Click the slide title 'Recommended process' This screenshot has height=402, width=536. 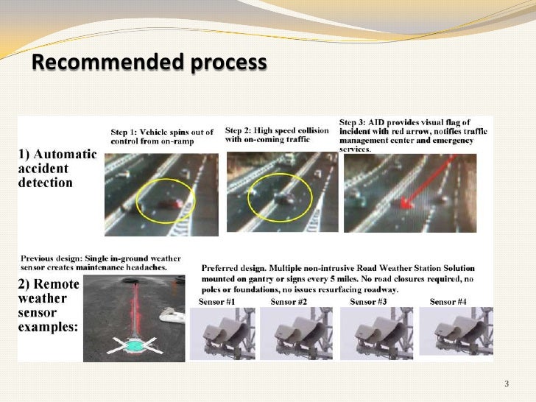[x=149, y=62]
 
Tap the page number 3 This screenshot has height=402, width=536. [x=507, y=384]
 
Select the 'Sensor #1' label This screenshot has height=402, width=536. [x=216, y=302]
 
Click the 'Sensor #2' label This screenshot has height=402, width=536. [x=289, y=302]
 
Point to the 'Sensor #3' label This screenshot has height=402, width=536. [x=368, y=302]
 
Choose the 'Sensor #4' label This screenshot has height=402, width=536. [x=448, y=302]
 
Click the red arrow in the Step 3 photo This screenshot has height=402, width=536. [x=427, y=182]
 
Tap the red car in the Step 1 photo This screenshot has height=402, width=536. [x=170, y=204]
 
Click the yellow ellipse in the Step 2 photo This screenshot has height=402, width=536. [x=248, y=197]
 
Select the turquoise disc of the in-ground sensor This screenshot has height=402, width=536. [x=135, y=346]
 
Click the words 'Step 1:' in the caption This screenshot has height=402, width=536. [x=124, y=133]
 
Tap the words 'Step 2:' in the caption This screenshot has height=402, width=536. [x=239, y=130]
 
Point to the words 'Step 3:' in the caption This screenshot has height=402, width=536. [x=353, y=122]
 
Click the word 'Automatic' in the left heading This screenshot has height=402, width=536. [x=65, y=154]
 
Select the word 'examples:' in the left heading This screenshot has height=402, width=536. [x=48, y=327]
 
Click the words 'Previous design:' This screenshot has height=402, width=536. [x=50, y=258]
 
